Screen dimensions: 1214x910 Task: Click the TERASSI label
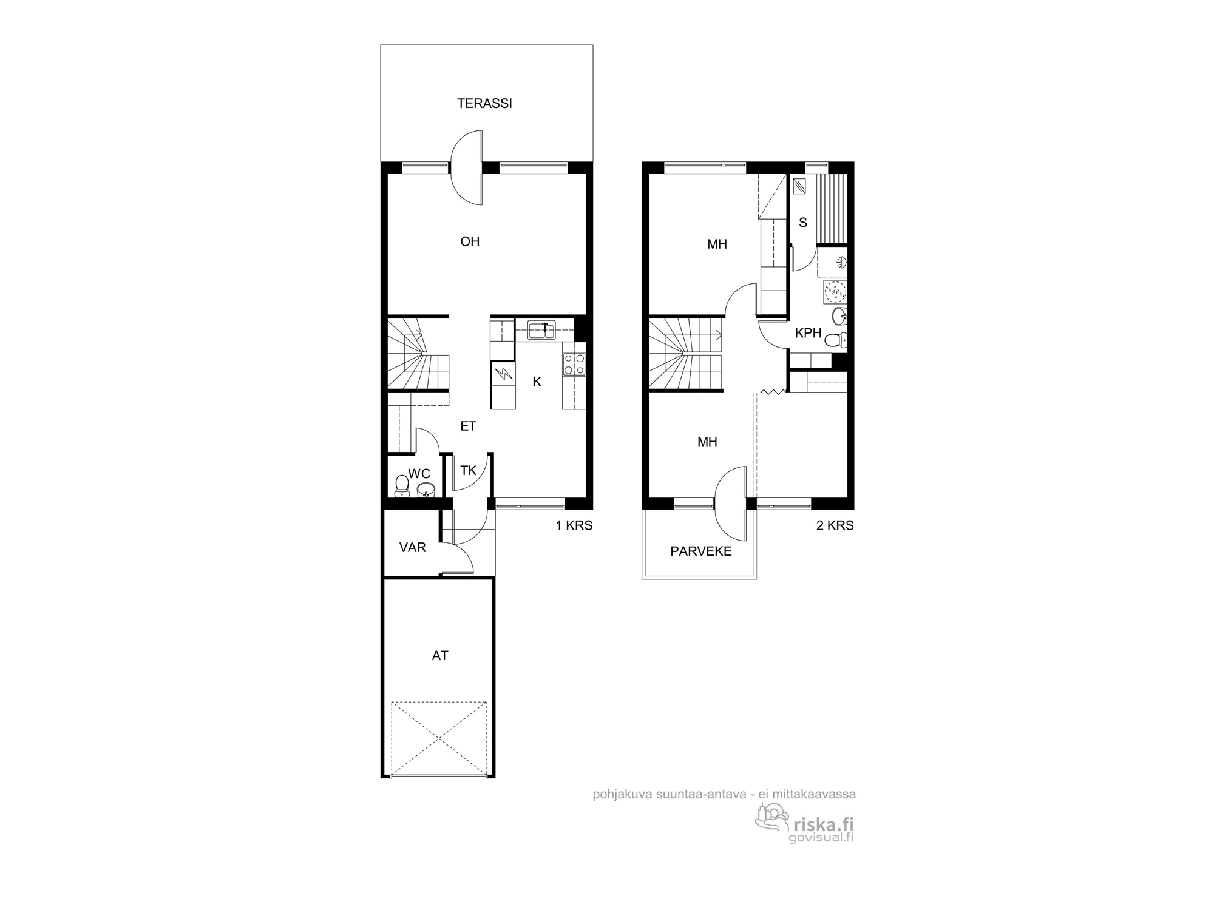click(484, 104)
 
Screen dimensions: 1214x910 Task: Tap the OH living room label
click(470, 242)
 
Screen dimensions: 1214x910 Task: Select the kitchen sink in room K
click(541, 331)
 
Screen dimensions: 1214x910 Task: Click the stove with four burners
click(574, 364)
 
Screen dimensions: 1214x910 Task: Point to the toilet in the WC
click(402, 485)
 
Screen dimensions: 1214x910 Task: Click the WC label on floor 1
click(419, 474)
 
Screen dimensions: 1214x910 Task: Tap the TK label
click(468, 471)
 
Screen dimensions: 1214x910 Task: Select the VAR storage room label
click(412, 548)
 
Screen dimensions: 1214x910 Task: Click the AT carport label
click(440, 656)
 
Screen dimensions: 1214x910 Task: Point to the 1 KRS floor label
click(574, 526)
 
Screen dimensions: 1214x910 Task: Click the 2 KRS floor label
click(835, 526)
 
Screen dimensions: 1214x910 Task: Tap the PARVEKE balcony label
click(700, 551)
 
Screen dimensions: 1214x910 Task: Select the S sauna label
click(803, 223)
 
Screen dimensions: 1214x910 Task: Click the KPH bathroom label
click(808, 334)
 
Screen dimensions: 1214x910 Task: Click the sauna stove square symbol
click(800, 186)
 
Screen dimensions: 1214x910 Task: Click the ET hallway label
click(468, 426)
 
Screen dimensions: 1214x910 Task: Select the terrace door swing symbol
click(466, 167)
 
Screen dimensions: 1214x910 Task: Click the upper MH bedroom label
click(717, 244)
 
